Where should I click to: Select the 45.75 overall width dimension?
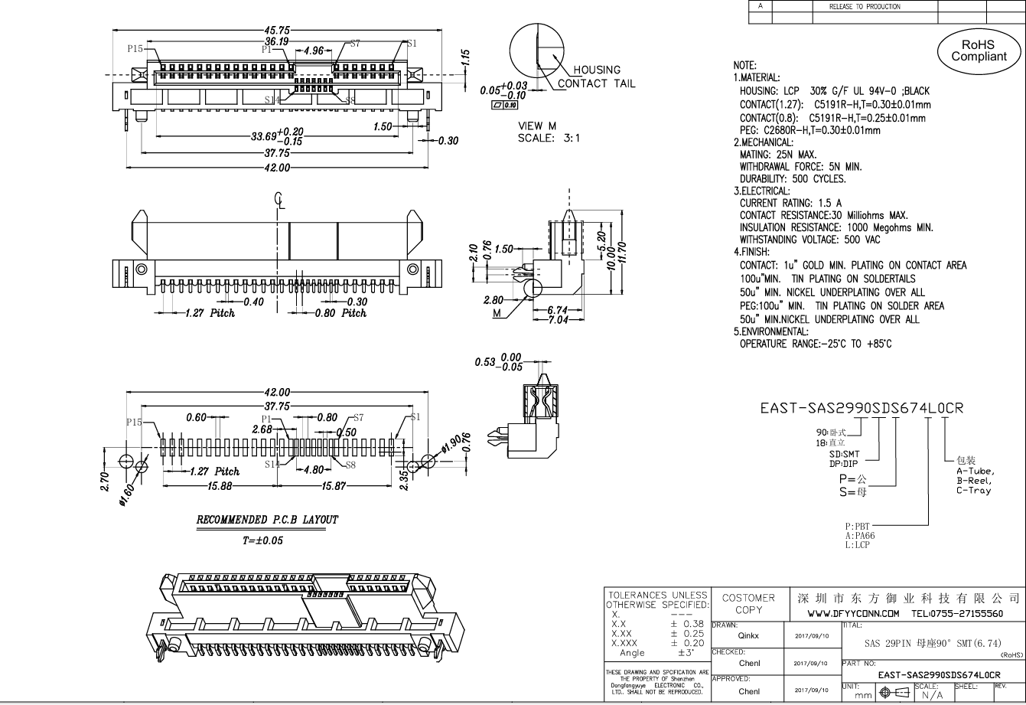tap(277, 31)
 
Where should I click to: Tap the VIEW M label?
tap(536, 126)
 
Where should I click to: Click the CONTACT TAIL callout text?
tap(596, 83)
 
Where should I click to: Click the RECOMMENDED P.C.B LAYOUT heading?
tap(267, 520)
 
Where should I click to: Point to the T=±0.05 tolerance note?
tap(268, 540)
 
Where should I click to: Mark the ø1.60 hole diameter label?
tap(126, 497)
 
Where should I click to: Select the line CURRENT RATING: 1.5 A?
tap(790, 203)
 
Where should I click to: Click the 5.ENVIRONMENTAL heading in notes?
tap(770, 331)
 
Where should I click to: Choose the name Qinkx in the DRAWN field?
tap(748, 635)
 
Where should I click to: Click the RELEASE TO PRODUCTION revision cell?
tap(865, 6)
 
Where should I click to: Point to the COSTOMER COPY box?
tap(748, 604)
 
